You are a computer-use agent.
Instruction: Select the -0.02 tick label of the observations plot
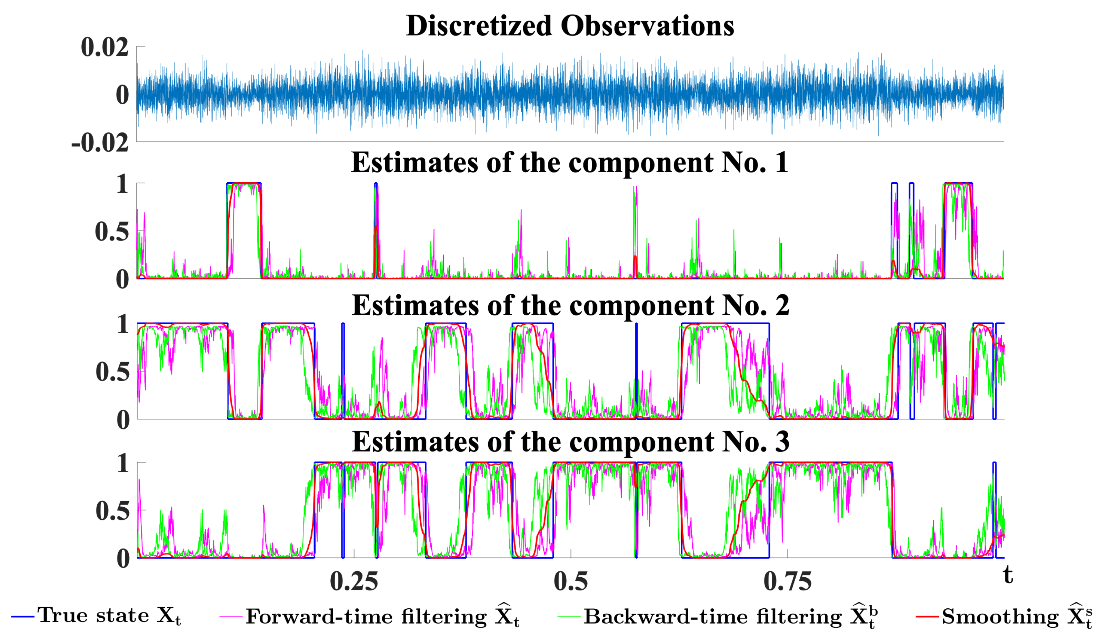click(100, 143)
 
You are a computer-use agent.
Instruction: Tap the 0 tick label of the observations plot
click(122, 95)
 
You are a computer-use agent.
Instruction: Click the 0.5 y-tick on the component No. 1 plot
click(112, 232)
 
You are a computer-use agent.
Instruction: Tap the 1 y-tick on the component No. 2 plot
click(123, 324)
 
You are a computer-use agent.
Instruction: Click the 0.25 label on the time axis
click(354, 581)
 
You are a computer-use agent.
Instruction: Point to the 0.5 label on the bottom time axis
click(571, 581)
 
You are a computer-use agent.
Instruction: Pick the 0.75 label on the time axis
click(788, 581)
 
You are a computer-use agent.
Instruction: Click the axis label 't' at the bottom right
click(1008, 575)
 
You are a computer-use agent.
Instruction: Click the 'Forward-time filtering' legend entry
click(382, 617)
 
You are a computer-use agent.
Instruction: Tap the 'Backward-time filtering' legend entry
click(729, 617)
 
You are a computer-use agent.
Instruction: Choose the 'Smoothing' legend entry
click(1016, 617)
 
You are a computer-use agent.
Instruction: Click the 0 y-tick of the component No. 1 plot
click(122, 280)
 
